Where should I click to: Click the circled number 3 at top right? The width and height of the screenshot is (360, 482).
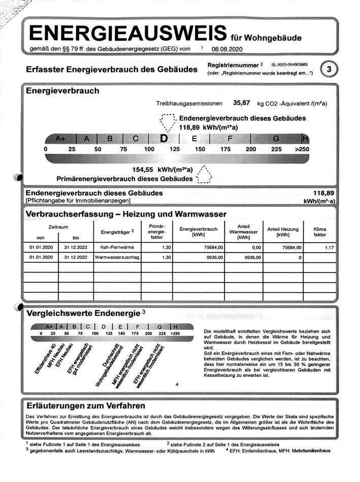(x=330, y=69)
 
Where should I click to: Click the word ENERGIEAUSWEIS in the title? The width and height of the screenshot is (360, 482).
(x=127, y=33)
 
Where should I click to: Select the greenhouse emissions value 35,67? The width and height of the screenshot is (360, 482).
(x=242, y=103)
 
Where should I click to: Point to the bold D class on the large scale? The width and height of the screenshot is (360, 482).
(x=163, y=138)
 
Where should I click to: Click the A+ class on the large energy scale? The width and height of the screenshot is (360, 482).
(x=61, y=139)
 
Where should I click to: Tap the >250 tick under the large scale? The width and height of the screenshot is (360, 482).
(x=301, y=149)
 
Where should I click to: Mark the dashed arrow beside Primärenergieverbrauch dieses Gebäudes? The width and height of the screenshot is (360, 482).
(x=204, y=175)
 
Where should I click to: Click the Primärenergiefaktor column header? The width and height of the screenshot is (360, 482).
(x=156, y=232)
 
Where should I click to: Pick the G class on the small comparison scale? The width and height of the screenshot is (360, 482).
(x=159, y=326)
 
